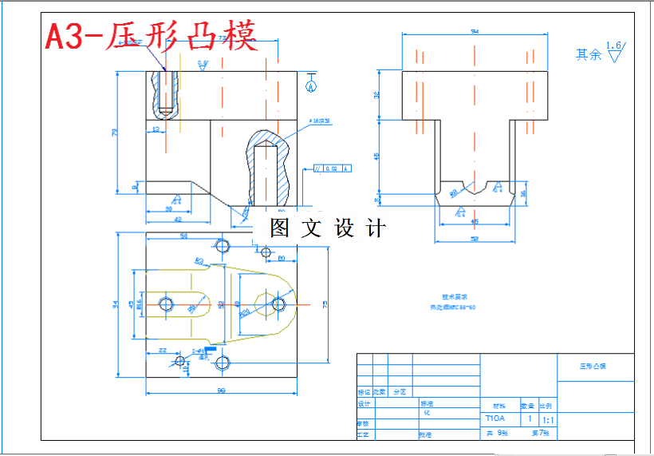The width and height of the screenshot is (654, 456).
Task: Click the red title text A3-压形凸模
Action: [151, 36]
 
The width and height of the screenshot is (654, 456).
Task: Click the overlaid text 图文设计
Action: [327, 228]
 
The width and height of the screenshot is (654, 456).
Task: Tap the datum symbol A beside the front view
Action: [311, 84]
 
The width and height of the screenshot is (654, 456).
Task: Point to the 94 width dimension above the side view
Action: [475, 32]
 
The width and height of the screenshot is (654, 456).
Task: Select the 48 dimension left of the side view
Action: [377, 155]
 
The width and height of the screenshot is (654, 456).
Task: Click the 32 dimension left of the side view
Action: [377, 95]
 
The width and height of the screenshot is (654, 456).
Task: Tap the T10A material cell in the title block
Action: [495, 418]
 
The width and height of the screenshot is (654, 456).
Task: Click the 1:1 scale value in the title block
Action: [548, 418]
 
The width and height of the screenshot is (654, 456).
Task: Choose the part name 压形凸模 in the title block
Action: [593, 367]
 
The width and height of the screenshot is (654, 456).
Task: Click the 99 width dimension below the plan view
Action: [221, 391]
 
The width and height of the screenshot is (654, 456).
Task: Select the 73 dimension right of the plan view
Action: [325, 303]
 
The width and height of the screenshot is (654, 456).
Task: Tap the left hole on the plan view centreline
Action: [167, 303]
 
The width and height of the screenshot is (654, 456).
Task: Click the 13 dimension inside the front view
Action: [156, 128]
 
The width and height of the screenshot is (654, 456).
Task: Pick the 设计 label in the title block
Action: [364, 404]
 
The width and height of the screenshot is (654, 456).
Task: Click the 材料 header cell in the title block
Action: [498, 405]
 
